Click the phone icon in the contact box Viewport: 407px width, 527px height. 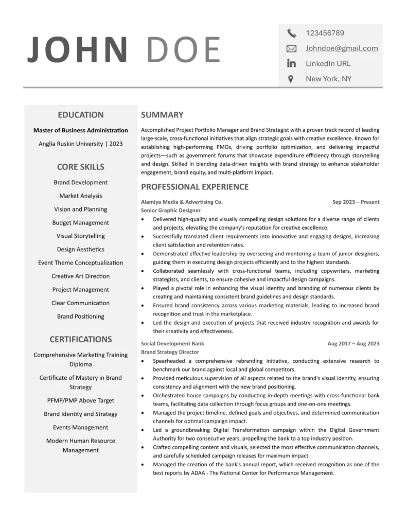(292, 33)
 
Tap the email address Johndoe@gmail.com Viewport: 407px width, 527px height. (342, 48)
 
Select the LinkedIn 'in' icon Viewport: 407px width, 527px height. (291, 64)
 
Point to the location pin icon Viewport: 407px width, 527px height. (291, 79)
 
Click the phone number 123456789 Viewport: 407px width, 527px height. (325, 33)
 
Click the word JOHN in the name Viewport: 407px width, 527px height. (78, 50)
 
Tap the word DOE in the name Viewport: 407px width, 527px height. (183, 50)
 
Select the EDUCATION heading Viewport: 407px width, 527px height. (80, 115)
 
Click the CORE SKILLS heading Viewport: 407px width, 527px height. (80, 167)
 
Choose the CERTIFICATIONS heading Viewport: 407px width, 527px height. (80, 339)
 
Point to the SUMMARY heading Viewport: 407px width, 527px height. (162, 115)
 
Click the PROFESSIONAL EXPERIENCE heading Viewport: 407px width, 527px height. (194, 187)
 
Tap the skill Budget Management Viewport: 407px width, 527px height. (80, 223)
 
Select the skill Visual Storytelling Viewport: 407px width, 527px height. (80, 236)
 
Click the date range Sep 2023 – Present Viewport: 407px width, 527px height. (356, 202)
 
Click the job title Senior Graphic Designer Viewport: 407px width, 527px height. (171, 210)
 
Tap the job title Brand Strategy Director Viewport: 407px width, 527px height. (170, 352)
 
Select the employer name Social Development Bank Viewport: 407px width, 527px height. (172, 344)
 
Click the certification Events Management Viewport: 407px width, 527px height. (80, 428)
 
